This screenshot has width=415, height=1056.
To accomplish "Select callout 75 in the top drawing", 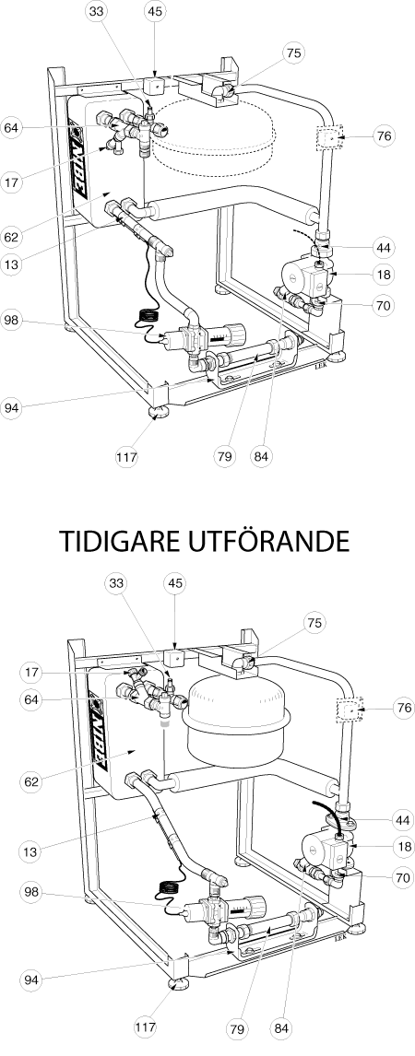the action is pyautogui.click(x=292, y=53).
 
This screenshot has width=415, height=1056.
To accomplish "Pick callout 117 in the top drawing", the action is pyautogui.click(x=126, y=457).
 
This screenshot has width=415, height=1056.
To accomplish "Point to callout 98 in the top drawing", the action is pyautogui.click(x=11, y=320).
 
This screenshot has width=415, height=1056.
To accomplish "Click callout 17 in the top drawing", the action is pyautogui.click(x=11, y=182).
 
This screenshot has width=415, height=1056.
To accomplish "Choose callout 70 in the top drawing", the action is pyautogui.click(x=384, y=304).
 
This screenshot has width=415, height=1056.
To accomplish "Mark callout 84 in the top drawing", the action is pyautogui.click(x=262, y=457).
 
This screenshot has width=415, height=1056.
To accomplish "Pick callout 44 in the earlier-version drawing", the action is pyautogui.click(x=403, y=819).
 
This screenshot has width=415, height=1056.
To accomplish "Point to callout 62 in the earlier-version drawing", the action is pyautogui.click(x=31, y=782).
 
